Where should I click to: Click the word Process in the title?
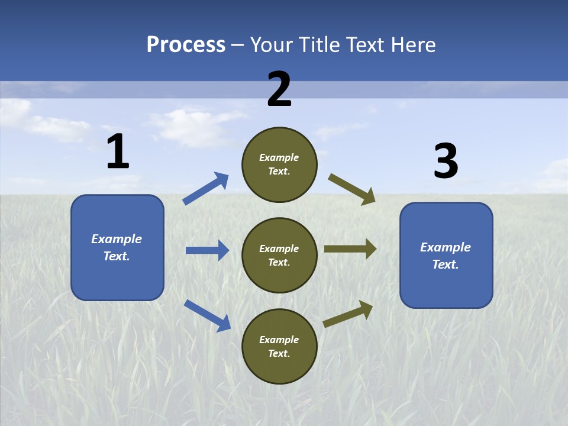pyautogui.click(x=186, y=45)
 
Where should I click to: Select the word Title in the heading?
pyautogui.click(x=319, y=44)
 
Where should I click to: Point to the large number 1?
pyautogui.click(x=118, y=151)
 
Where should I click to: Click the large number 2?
pyautogui.click(x=279, y=89)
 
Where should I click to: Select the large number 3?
pyautogui.click(x=446, y=160)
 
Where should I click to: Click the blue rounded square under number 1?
pyautogui.click(x=117, y=247)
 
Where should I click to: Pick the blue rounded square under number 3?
pyautogui.click(x=446, y=256)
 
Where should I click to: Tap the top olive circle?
pyautogui.click(x=279, y=164)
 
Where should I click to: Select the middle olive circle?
pyautogui.click(x=279, y=256)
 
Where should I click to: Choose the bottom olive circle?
pyautogui.click(x=279, y=346)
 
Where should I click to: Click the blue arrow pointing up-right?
pyautogui.click(x=205, y=188)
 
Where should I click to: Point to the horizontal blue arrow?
pyautogui.click(x=208, y=250)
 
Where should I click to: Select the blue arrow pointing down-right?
pyautogui.click(x=208, y=315)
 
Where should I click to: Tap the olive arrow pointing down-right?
pyautogui.click(x=351, y=189)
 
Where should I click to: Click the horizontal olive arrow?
pyautogui.click(x=350, y=249)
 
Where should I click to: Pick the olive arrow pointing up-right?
pyautogui.click(x=348, y=314)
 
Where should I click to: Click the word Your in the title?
pyautogui.click(x=272, y=44)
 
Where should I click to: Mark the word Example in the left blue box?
pyautogui.click(x=117, y=238)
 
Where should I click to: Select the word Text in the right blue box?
pyautogui.click(x=445, y=264)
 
